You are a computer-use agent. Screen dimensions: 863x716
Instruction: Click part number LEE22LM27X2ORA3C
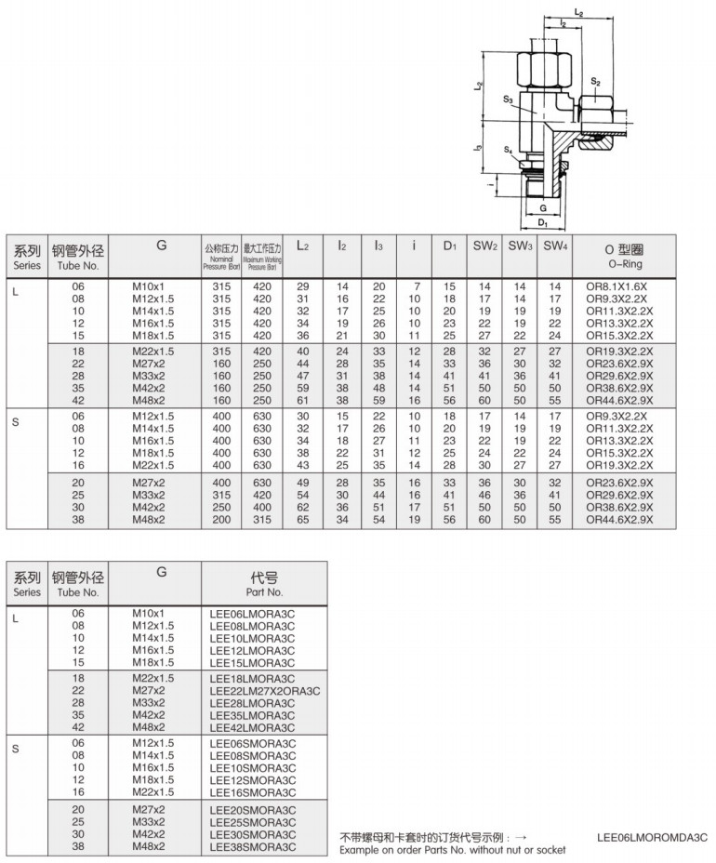[265, 691]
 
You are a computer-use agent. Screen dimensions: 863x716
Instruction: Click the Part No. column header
[264, 584]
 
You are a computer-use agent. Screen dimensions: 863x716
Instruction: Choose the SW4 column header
[555, 246]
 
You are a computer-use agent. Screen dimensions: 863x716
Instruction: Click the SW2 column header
[484, 246]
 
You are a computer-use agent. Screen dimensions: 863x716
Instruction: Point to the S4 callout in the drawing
[509, 150]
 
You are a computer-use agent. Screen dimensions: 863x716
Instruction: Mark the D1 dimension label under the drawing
[543, 223]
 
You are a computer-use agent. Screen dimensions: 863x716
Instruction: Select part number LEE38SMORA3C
[252, 846]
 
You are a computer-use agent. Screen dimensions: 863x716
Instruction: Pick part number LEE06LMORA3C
[251, 614]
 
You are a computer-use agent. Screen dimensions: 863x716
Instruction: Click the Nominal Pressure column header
[221, 255]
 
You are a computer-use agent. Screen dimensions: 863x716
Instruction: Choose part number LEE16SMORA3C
[252, 792]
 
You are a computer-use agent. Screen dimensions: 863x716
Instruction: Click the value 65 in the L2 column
[302, 521]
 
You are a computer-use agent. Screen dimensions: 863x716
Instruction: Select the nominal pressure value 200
[221, 521]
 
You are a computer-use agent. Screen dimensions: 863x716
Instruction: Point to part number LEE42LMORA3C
[251, 727]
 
